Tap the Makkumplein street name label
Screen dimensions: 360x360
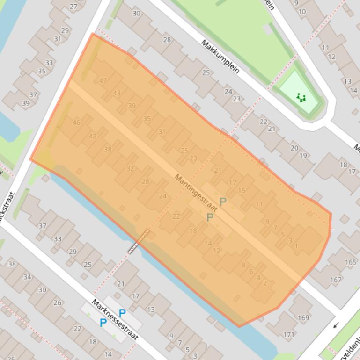tap(220, 57)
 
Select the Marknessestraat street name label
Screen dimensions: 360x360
tap(115, 319)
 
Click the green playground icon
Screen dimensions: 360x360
tap(301, 97)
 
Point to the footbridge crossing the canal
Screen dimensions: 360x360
tap(139, 241)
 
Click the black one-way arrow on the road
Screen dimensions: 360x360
tap(335, 325)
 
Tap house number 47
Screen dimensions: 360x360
tap(103, 80)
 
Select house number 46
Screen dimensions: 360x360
tap(77, 122)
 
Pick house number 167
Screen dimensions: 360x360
tap(335, 280)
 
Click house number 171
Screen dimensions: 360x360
tap(289, 334)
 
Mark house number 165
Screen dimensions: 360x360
tap(350, 263)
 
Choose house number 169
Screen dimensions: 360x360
tap(303, 318)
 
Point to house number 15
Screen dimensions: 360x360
tap(242, 190)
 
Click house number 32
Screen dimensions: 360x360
tap(130, 168)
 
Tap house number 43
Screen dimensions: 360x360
tap(117, 93)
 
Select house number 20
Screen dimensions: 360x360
tap(294, 148)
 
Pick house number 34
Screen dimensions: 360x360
tap(27, 277)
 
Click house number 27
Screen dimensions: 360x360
tap(73, 7)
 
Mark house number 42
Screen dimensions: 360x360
tap(92, 136)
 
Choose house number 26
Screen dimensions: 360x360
tap(57, 302)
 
